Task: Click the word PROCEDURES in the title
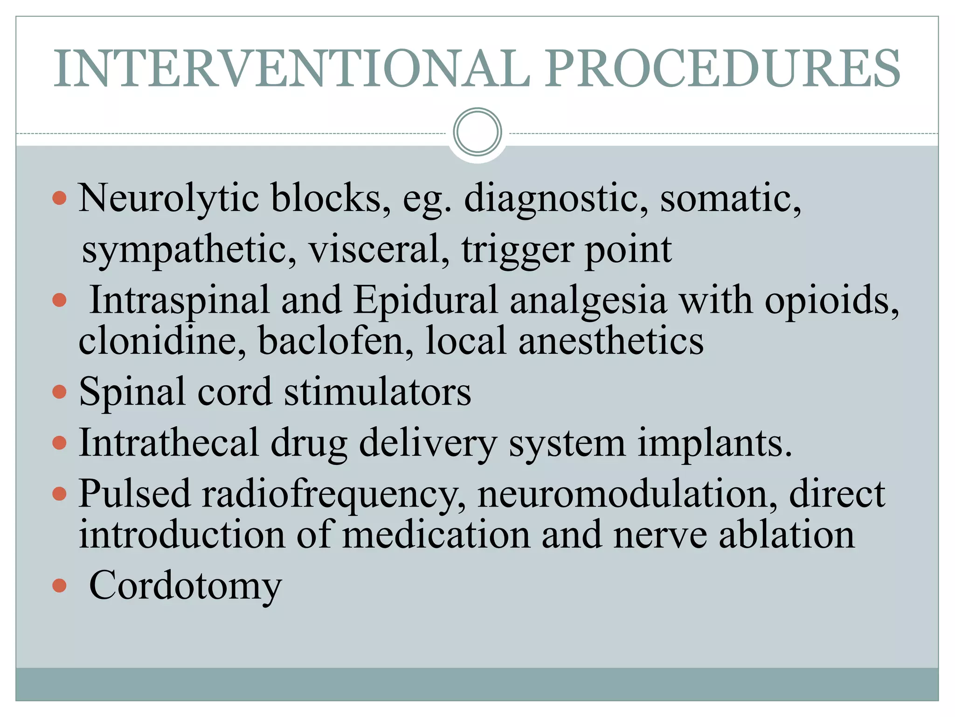[x=723, y=69]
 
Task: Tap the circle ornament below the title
[x=477, y=132]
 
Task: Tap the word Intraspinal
[x=180, y=301]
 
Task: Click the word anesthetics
[x=611, y=341]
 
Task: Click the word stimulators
[x=378, y=392]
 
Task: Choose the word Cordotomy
[x=186, y=586]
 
